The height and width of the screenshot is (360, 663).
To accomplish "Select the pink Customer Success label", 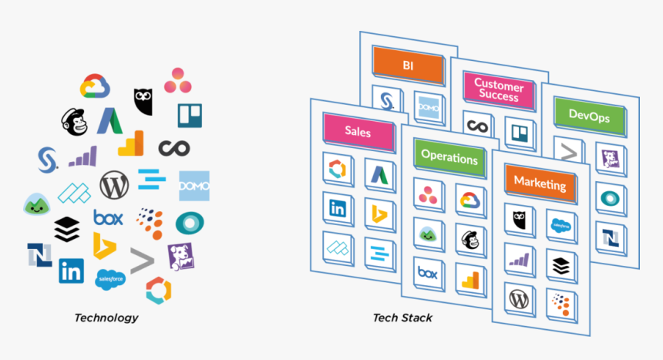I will point(498,90).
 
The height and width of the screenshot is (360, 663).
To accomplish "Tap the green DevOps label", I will point(588,116).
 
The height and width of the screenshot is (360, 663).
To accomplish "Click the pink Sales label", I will point(358,132).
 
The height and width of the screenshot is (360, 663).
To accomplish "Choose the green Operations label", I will point(449,158).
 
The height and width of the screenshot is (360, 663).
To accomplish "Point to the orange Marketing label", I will point(539,184).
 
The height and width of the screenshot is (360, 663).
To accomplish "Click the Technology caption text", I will point(106,318).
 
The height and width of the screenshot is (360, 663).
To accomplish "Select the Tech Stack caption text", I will point(402,318).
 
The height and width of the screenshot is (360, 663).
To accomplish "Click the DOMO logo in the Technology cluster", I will point(194,186).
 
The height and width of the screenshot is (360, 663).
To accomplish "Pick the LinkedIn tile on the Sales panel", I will point(338,208).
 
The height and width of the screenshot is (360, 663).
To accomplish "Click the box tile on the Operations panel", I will point(428,272).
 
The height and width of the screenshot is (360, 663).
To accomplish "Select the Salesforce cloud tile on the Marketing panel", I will point(561,224).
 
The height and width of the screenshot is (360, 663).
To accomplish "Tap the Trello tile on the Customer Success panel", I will point(517,132).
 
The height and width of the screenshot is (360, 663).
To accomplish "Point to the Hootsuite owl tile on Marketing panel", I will point(518,220).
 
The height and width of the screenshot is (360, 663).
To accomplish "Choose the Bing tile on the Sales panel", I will point(379,213).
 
